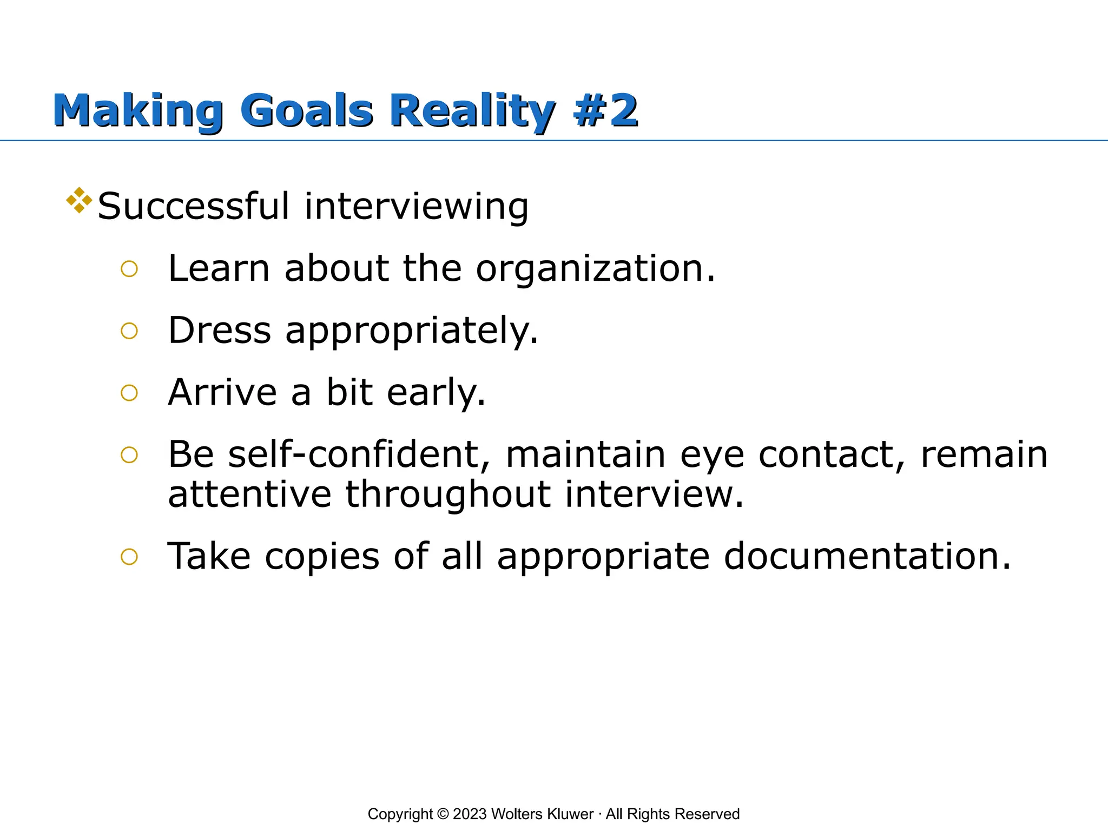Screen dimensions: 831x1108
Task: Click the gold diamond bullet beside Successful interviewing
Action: [79, 200]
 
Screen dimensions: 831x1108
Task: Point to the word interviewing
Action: [416, 207]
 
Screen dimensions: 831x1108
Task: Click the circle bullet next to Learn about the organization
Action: [129, 269]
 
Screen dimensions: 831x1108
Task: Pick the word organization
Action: [596, 269]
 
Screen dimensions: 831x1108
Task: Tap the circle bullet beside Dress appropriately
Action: [129, 331]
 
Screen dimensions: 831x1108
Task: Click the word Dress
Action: [219, 330]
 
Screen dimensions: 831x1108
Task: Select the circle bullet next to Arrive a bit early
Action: [129, 393]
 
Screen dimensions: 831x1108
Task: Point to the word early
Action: [436, 393]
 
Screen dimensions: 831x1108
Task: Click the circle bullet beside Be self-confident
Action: [129, 455]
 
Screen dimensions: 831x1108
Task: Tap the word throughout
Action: [448, 495]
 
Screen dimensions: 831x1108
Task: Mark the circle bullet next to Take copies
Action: [129, 557]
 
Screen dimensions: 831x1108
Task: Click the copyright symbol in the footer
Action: [443, 814]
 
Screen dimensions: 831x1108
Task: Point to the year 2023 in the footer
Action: [470, 814]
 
